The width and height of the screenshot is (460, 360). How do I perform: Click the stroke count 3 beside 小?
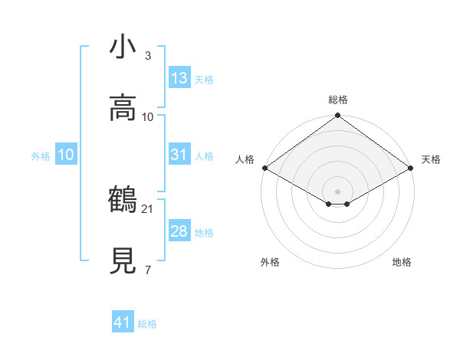click(x=148, y=56)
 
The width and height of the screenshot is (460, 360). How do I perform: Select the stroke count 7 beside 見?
click(x=148, y=270)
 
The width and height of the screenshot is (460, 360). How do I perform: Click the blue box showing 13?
click(x=179, y=78)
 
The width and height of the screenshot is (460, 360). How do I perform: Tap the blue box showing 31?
click(x=179, y=155)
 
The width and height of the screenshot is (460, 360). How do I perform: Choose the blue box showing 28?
click(x=179, y=231)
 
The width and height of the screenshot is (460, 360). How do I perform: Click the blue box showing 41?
click(x=123, y=323)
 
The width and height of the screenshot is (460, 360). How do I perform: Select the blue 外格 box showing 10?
click(x=65, y=155)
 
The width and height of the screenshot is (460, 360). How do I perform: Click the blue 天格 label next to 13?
click(x=203, y=79)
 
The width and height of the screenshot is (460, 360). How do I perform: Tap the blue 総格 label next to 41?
click(x=147, y=324)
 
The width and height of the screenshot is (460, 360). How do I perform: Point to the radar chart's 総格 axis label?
click(x=338, y=100)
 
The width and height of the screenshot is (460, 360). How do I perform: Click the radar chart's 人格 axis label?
click(x=245, y=159)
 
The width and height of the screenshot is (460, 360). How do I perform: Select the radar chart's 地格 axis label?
click(x=402, y=262)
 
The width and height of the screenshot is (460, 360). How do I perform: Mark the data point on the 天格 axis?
click(x=412, y=168)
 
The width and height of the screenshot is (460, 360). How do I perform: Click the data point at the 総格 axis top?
click(x=338, y=116)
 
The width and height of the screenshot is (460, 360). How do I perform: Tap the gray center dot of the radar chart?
click(x=338, y=191)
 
